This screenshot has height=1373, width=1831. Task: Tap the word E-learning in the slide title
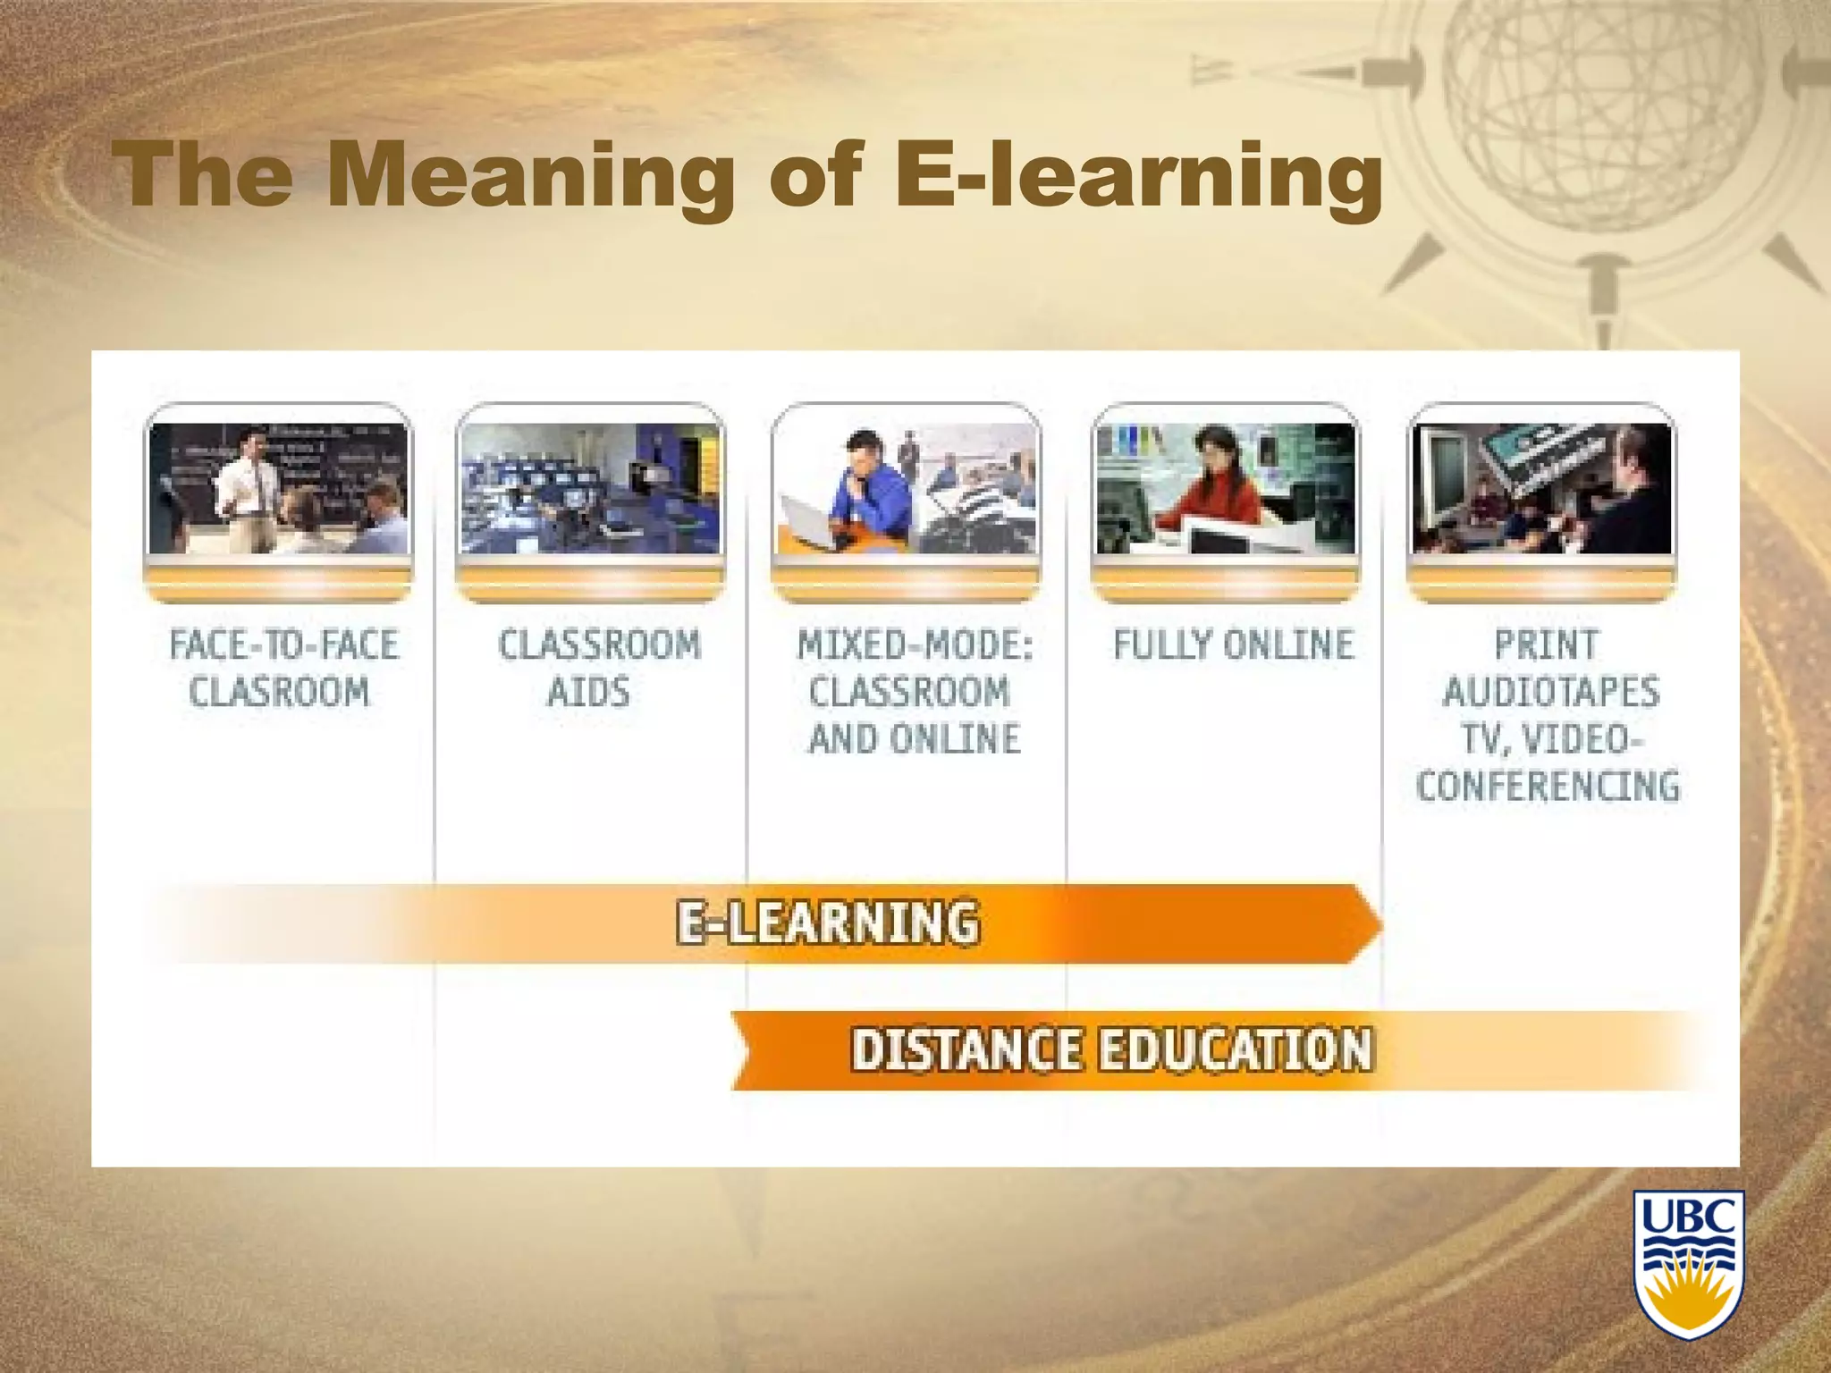pos(1137,175)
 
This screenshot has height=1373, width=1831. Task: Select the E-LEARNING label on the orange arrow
pos(827,922)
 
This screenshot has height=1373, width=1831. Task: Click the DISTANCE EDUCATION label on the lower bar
pos(1111,1049)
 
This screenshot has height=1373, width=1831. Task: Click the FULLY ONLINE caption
pos(1233,644)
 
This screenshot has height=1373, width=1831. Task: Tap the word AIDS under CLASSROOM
pos(588,692)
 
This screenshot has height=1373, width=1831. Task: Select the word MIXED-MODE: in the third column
pos(915,644)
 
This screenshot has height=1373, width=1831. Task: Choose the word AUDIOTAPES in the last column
pos(1550,692)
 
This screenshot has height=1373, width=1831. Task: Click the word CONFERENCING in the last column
pos(1548,786)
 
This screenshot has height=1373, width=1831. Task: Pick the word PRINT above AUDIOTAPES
pos(1546,644)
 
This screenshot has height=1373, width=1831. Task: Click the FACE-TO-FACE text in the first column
pos(283,644)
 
